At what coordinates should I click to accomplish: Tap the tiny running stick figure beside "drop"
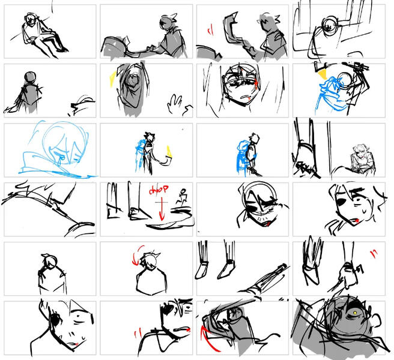[181, 197]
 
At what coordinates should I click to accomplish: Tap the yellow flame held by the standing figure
[168, 152]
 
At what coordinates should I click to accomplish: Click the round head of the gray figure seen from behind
[28, 79]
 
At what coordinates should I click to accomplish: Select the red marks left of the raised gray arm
[210, 29]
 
